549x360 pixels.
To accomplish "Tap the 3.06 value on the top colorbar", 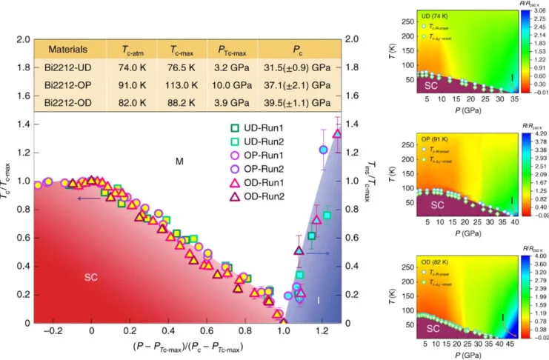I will tap(538, 12).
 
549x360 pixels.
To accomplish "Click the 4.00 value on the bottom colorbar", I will tap(538, 256).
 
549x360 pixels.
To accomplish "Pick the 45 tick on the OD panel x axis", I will tap(511, 345).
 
